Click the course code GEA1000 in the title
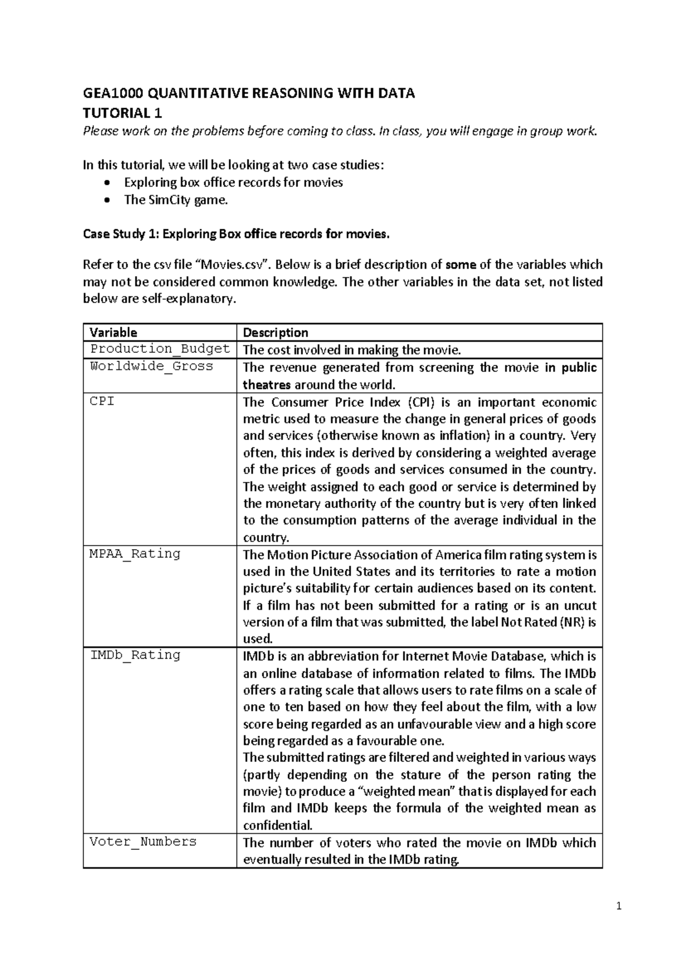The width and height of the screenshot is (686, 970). [x=110, y=94]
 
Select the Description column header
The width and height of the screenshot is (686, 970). [x=276, y=332]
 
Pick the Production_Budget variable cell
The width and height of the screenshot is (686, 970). [x=160, y=349]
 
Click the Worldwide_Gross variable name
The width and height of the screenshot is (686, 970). [x=151, y=366]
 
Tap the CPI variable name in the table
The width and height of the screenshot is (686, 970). [x=102, y=401]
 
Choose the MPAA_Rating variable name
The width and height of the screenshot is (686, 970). [x=135, y=554]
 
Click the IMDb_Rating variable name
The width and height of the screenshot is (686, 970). [x=135, y=655]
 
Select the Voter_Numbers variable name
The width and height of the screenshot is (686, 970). [x=143, y=841]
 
